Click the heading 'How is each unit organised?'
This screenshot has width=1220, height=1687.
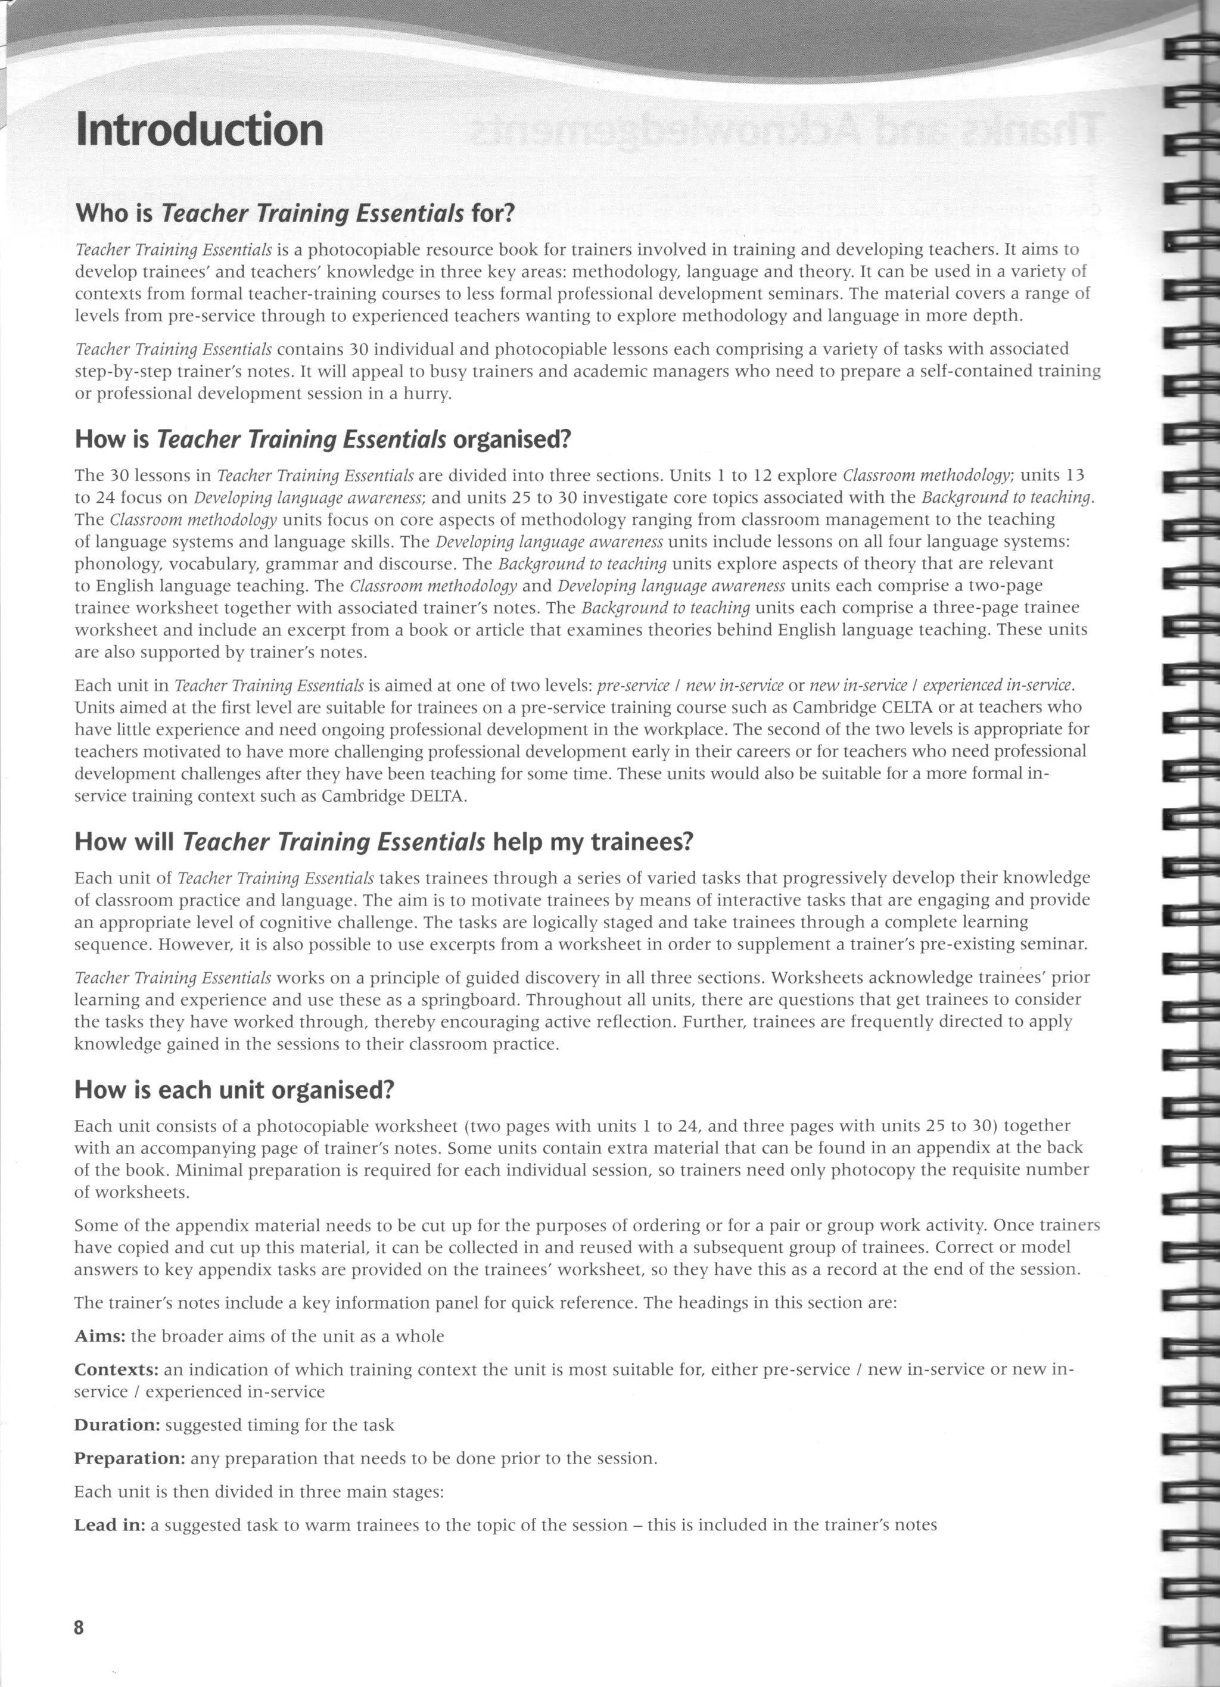coord(234,1091)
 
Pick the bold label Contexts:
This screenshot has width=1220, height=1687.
coord(116,1369)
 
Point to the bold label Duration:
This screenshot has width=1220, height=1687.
coord(117,1425)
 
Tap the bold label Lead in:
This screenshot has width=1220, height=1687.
coord(110,1526)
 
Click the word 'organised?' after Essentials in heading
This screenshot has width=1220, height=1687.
coord(511,440)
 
